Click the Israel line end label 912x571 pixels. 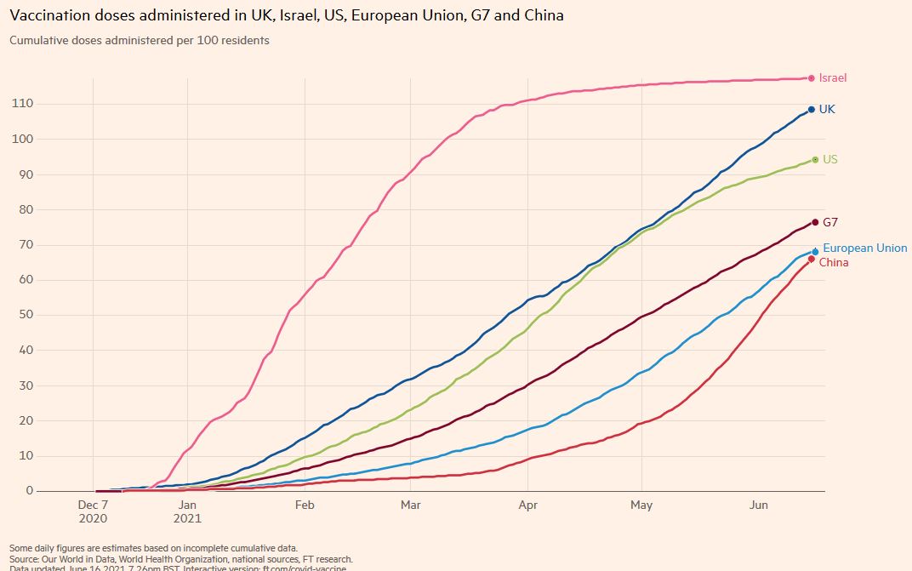pos(832,78)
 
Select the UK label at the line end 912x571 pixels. pos(826,110)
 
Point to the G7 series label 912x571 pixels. pos(830,222)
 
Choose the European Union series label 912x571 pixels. pos(864,248)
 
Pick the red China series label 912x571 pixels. pos(833,263)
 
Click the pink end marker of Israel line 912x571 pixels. pos(812,78)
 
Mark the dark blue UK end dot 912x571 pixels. pos(812,110)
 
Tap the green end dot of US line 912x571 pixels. pos(815,160)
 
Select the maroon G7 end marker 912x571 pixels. pos(815,222)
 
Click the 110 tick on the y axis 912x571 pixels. pos(23,104)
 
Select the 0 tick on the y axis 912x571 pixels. pos(30,491)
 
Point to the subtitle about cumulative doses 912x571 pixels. pos(140,41)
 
